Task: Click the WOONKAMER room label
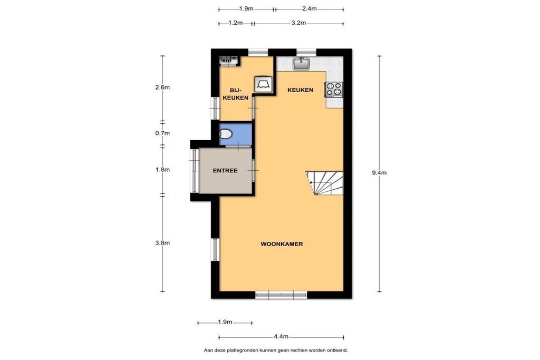282,244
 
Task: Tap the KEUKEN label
300,90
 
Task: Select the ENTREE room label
225,171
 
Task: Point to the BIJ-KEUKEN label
236,94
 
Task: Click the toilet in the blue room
226,133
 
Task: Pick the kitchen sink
302,63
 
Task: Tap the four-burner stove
334,89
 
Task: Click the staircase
324,183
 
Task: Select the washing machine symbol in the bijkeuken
264,84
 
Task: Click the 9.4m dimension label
379,173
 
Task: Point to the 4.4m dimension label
281,337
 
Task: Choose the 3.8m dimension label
162,243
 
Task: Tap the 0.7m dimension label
162,133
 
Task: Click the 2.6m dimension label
162,87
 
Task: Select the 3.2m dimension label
298,23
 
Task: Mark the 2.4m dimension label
309,9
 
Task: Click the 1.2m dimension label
236,23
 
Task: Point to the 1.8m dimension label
162,170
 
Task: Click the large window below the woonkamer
281,295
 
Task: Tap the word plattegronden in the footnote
240,351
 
